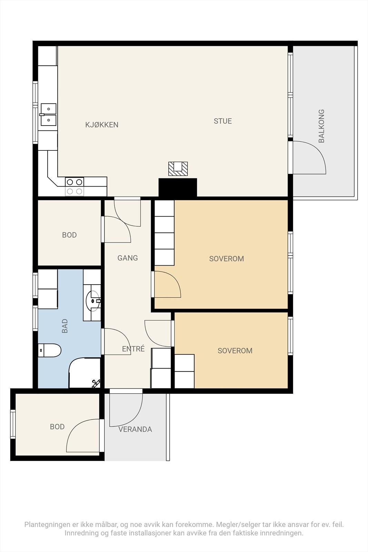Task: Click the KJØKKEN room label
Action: point(102,125)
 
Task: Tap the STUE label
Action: point(223,121)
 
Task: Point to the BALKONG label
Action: point(321,126)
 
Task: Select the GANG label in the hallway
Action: point(128,258)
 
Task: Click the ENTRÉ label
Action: point(133,349)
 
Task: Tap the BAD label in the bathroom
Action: point(64,326)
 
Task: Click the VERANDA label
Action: point(135,430)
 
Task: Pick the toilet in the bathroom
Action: point(50,350)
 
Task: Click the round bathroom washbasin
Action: point(93,301)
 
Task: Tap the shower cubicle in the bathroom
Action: point(85,373)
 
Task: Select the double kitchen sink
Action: point(48,115)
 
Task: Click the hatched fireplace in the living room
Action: point(178,169)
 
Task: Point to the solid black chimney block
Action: point(178,188)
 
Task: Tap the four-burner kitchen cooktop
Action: point(74,187)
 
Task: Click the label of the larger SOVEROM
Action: point(226,259)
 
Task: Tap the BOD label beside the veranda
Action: point(57,427)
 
